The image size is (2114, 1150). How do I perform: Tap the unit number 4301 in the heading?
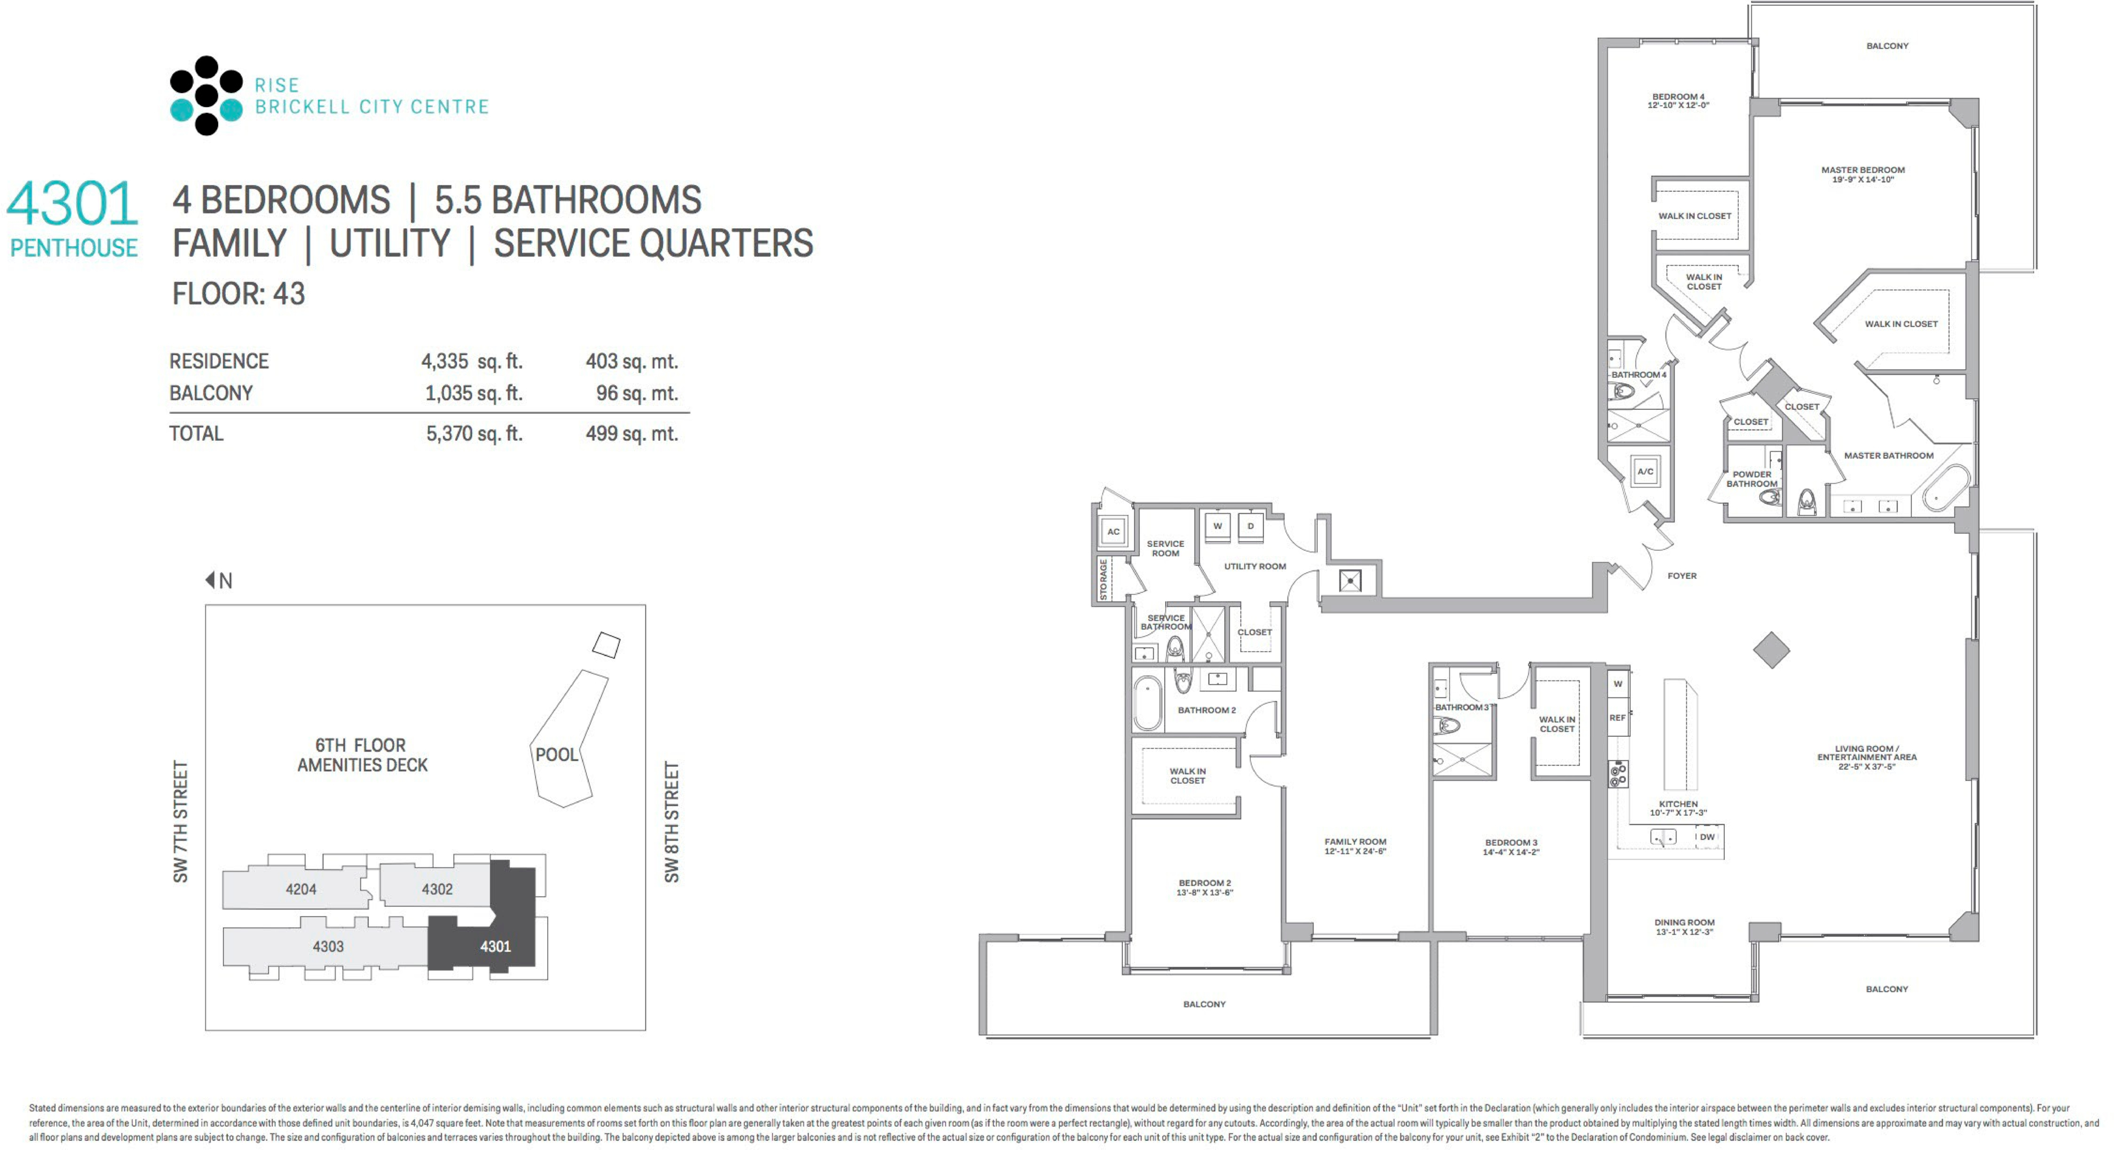pyautogui.click(x=72, y=204)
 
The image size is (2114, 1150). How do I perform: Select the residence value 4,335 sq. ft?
pyautogui.click(x=472, y=361)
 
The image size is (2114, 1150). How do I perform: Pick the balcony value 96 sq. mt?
pyautogui.click(x=637, y=393)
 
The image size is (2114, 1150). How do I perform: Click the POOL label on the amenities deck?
pyautogui.click(x=556, y=755)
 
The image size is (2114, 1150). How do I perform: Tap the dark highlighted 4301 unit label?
pyautogui.click(x=495, y=946)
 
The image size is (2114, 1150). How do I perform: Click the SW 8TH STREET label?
pyautogui.click(x=672, y=822)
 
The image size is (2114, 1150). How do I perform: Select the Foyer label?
pyautogui.click(x=1681, y=576)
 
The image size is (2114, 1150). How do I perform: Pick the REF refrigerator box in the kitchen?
pyautogui.click(x=1618, y=718)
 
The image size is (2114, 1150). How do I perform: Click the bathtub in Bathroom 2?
pyautogui.click(x=1148, y=703)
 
